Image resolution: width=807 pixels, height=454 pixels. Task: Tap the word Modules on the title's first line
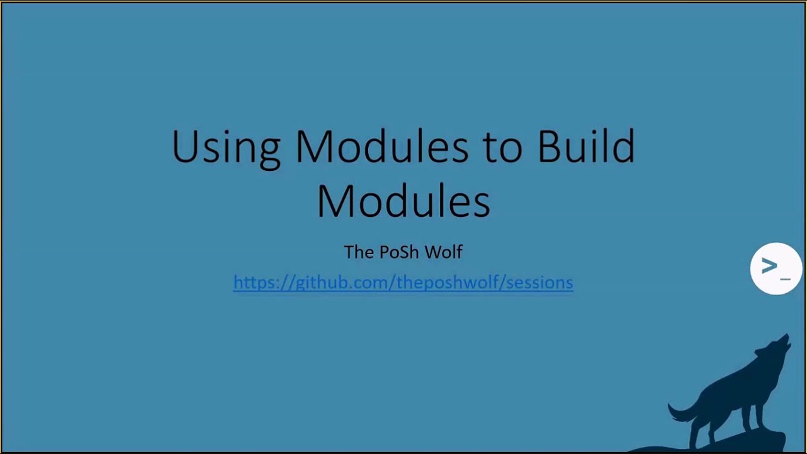[x=381, y=146]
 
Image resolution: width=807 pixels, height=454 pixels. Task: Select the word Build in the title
[x=586, y=146]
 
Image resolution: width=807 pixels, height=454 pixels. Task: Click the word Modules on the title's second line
[x=403, y=201]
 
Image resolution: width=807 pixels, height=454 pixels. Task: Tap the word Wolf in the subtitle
[x=443, y=252]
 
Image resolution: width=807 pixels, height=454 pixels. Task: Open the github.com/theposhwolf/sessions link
[x=403, y=282]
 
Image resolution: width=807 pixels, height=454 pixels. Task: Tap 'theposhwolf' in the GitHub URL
[x=448, y=282]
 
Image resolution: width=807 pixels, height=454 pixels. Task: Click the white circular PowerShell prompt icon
[x=775, y=269]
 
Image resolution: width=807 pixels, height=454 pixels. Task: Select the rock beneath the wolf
[x=744, y=441]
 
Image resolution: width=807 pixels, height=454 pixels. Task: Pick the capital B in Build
[x=549, y=146]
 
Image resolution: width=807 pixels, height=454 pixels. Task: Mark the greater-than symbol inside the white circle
[x=769, y=266]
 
